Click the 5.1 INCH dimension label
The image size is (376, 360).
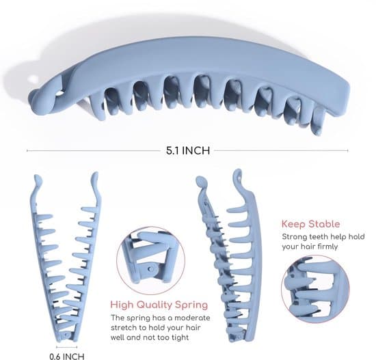pos(188,150)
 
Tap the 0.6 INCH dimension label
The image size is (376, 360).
pos(67,357)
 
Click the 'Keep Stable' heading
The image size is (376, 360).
pos(311,224)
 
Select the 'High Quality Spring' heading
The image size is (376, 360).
pos(159,305)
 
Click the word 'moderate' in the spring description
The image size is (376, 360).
pos(192,318)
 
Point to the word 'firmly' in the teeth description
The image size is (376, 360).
pos(327,247)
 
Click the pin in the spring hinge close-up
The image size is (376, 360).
pos(151,268)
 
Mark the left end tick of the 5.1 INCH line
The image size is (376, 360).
pos(27,150)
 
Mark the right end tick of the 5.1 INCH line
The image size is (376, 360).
pos(347,150)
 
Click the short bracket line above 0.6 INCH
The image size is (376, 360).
pos(67,347)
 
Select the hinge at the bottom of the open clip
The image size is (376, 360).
pos(66,335)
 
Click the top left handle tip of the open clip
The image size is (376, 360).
pos(38,179)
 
